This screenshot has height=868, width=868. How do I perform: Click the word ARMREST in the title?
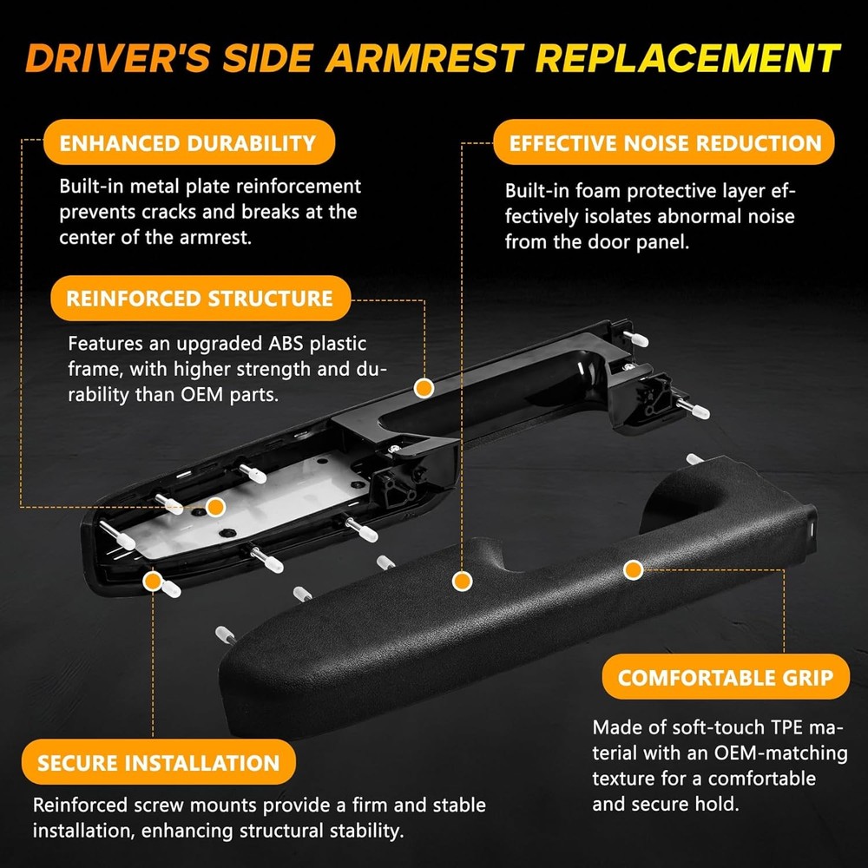[x=424, y=58]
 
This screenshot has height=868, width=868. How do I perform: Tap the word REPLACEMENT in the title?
[x=688, y=58]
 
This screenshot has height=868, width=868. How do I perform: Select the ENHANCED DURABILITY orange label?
[x=188, y=142]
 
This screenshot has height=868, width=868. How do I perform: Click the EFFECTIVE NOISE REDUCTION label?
[x=664, y=142]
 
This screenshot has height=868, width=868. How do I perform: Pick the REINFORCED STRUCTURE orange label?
[x=201, y=298]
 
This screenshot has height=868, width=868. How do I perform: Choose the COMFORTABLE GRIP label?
[x=725, y=676]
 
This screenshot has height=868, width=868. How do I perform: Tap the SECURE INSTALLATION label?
[x=159, y=762]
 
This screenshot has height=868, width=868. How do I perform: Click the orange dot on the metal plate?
[x=215, y=507]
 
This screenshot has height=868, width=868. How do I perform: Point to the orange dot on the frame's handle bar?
[x=424, y=388]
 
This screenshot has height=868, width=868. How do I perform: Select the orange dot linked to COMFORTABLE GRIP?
[x=634, y=569]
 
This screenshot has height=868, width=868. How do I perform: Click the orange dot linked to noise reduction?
[x=462, y=581]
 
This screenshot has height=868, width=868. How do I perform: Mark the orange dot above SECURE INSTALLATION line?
[x=152, y=582]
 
